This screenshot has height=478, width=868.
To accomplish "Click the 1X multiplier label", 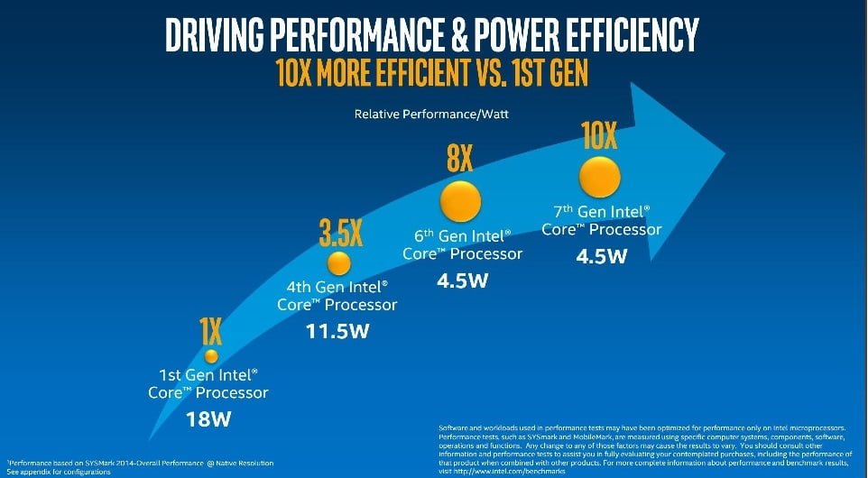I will coord(210,333).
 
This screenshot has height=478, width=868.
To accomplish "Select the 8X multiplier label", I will coord(459,160).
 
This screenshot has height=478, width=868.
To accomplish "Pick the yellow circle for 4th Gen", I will coord(338,263).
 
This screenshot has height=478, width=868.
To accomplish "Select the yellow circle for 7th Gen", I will coord(598,176).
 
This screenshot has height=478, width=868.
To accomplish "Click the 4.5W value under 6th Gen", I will coord(462,280).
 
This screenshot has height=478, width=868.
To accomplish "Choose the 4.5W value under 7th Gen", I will coord(601,255).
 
